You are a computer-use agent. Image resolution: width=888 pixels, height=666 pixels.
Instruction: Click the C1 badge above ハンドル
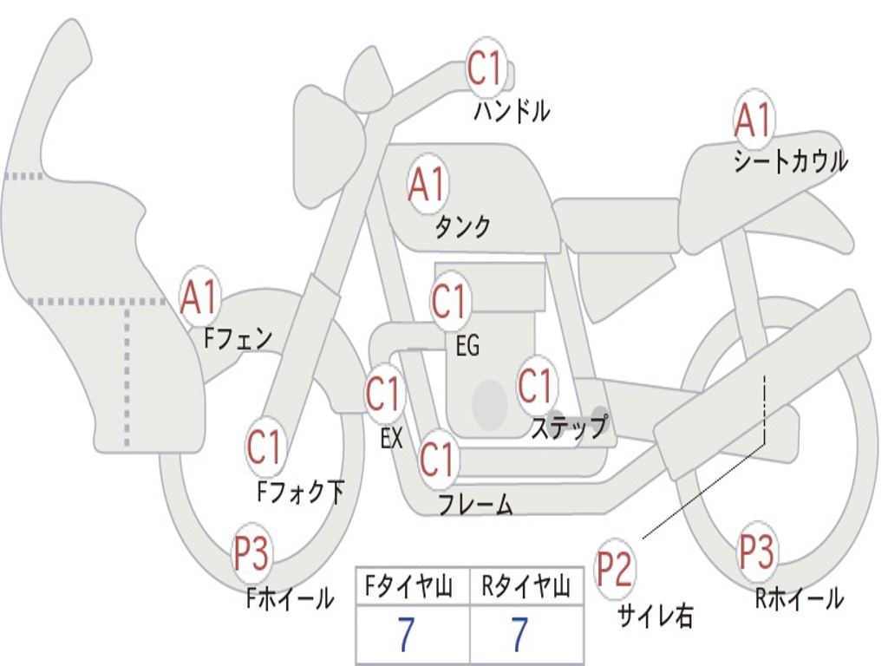pos(486,68)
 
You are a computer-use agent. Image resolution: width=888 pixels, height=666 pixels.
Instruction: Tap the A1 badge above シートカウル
pos(753,120)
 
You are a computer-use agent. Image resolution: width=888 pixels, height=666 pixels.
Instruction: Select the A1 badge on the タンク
pos(427,183)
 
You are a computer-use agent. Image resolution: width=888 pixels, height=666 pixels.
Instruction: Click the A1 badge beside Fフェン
pos(200,297)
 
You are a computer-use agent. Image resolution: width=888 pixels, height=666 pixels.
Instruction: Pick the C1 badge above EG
pos(449,301)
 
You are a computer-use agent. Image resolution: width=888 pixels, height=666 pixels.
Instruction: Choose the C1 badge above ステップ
pos(535,385)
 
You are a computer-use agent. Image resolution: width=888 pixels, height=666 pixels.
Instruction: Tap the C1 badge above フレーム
pos(437,459)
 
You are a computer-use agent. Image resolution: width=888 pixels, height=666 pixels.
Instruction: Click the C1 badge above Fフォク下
pos(264,447)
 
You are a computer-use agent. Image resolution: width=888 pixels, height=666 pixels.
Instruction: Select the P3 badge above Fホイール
pos(251,552)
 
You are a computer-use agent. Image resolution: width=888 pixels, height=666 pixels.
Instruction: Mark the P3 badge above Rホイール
pos(757,551)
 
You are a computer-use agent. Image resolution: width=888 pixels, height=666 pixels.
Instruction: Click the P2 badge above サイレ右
pos(616,569)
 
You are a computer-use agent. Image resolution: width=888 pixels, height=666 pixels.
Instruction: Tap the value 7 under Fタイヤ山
pos(406,635)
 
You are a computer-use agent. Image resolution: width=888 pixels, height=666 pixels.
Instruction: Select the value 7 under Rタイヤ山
pos(519,635)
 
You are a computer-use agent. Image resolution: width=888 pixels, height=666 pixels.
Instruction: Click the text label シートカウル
pos(790,162)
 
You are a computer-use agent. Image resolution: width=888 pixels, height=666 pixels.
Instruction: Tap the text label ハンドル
pos(512,110)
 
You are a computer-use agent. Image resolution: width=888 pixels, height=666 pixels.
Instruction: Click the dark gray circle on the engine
pos(490,403)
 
